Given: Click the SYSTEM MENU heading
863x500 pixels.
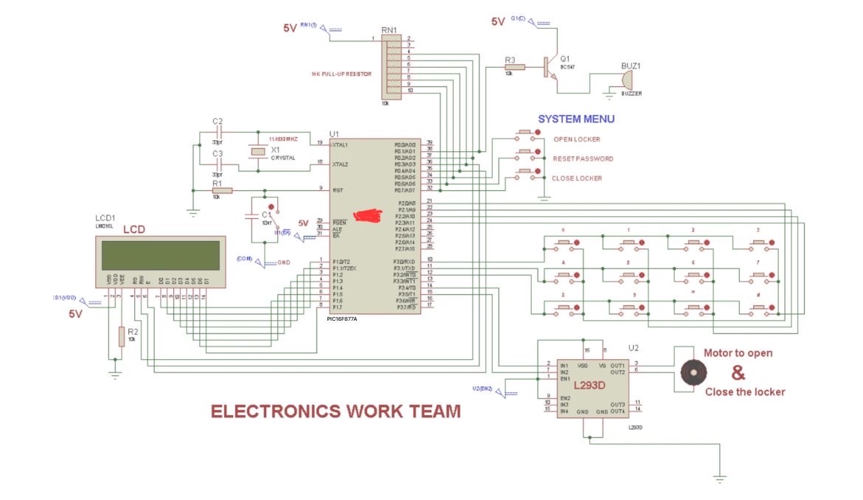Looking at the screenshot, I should point(575,119).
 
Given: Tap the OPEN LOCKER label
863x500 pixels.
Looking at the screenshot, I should point(576,139).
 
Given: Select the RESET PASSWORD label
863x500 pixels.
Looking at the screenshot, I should point(583,159).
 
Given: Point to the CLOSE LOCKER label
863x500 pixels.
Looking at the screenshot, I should point(577,178).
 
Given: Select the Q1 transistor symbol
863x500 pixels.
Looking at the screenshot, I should point(548,67).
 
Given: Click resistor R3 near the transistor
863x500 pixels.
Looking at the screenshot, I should point(514,67).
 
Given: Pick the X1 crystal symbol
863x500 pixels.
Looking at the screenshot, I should point(257,152).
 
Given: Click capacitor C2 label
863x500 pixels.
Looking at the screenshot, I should point(217,121).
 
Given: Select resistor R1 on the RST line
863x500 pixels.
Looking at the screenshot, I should point(222,190).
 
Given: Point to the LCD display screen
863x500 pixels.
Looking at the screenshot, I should point(160,255).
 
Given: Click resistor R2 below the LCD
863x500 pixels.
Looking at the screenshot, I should point(121,336).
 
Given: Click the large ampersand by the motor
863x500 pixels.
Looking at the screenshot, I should point(738,372).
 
